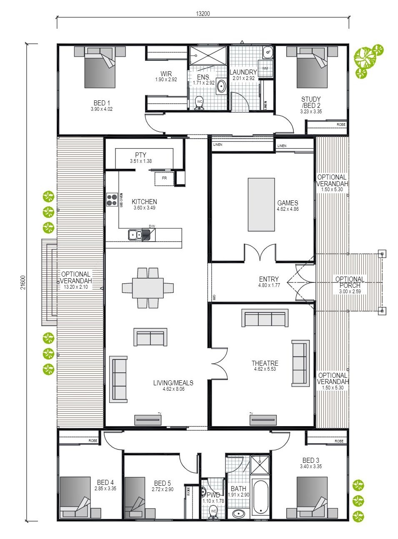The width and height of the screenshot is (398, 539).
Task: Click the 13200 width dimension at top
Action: click(203, 13)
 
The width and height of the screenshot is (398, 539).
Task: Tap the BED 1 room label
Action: click(102, 103)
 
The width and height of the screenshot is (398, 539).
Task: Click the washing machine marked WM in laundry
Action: click(265, 68)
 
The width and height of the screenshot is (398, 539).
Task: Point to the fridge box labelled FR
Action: click(164, 178)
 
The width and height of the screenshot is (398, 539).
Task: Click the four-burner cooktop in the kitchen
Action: click(112, 200)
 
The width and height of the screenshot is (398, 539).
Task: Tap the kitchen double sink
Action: click(135, 235)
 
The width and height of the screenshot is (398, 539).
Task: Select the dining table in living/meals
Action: click(148, 288)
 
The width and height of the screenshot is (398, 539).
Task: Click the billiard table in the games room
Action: click(261, 204)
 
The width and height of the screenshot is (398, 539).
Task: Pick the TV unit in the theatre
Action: click(263, 420)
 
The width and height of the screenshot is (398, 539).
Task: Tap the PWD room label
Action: click(213, 495)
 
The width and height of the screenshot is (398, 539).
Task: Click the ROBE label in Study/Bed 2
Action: click(341, 125)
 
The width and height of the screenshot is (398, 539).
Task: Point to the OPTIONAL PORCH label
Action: click(350, 282)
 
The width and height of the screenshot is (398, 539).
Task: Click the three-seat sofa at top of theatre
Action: click(265, 318)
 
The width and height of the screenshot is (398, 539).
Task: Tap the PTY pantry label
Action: click(140, 155)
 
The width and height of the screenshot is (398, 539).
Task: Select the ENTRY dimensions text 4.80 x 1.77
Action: click(269, 285)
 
